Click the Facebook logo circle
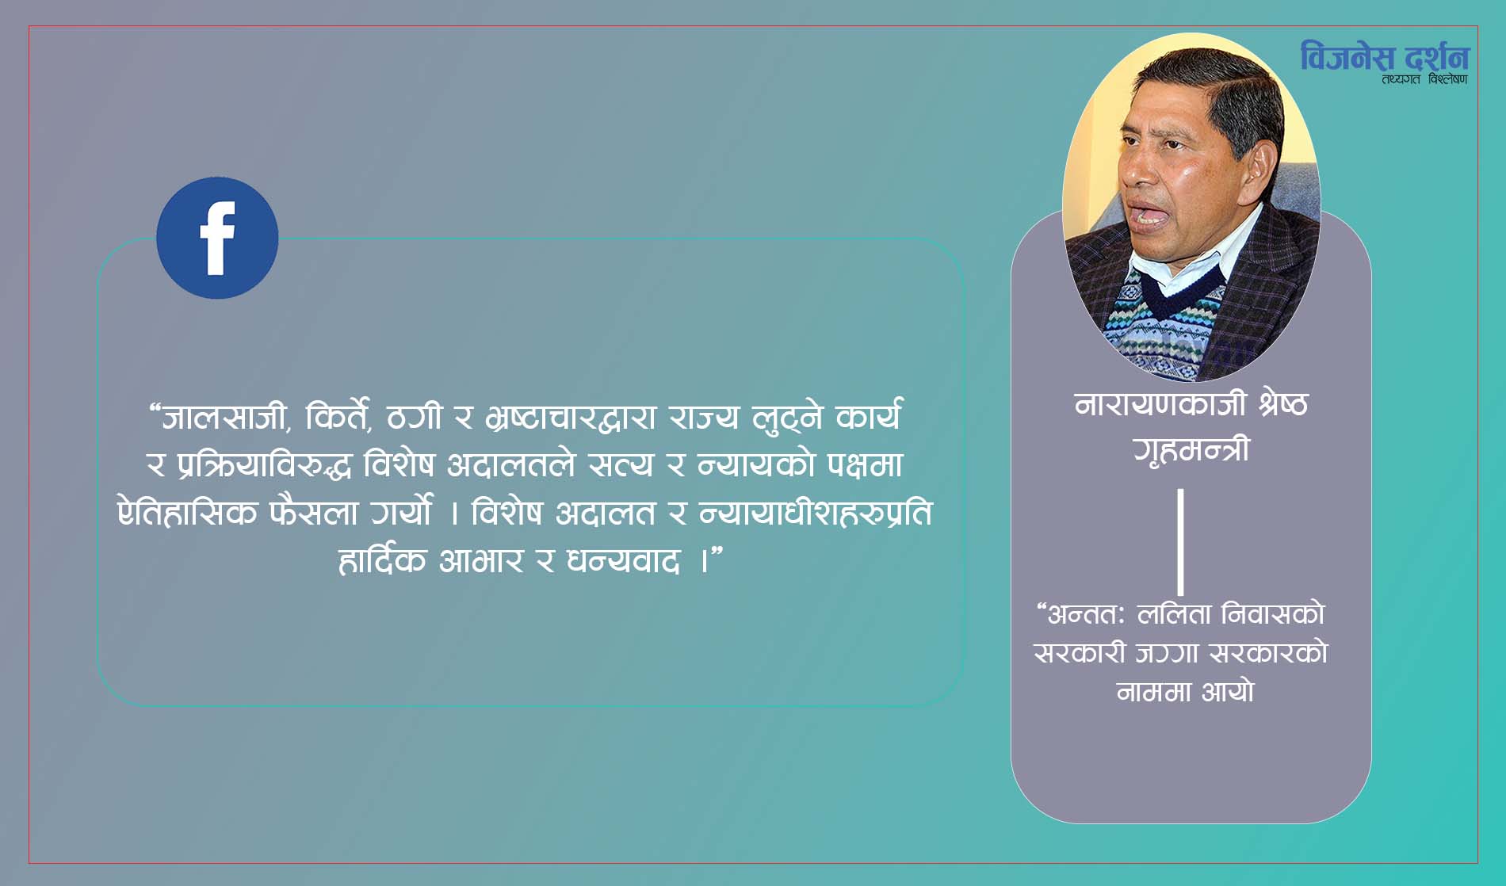tap(217, 238)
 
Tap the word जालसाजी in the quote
tap(224, 416)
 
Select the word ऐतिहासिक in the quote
tap(187, 512)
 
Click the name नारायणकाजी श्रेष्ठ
tap(1191, 404)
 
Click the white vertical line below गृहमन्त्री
tap(1181, 542)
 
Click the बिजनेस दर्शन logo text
tap(1384, 56)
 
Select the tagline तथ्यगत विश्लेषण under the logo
tap(1424, 79)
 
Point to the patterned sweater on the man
tap(1165, 325)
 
